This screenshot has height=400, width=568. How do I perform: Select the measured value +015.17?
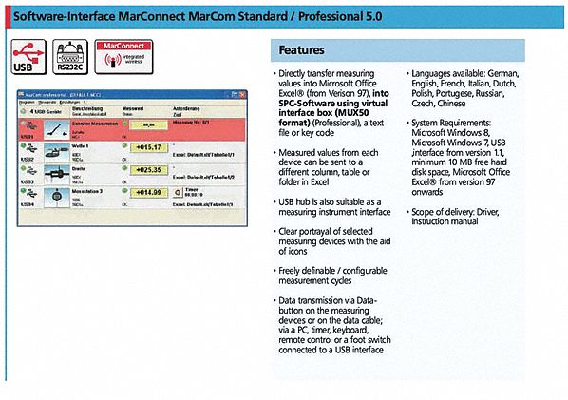click(147, 147)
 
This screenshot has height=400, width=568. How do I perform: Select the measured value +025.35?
click(147, 169)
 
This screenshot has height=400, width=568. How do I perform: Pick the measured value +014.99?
click(147, 192)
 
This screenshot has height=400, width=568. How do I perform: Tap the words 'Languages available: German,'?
click(465, 73)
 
